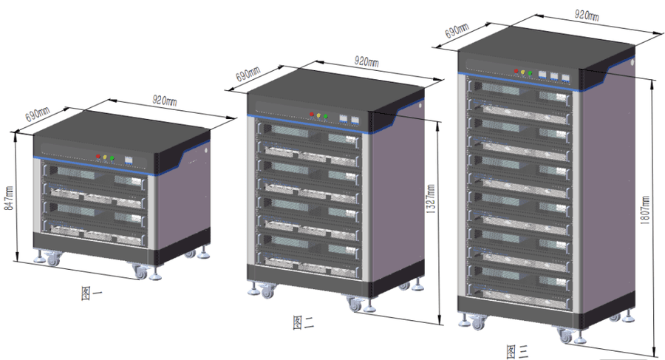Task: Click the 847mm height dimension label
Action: click(9, 198)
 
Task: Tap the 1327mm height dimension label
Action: click(431, 198)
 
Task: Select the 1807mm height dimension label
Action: click(644, 210)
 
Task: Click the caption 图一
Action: click(92, 293)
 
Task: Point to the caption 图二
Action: click(303, 322)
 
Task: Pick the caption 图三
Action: click(517, 352)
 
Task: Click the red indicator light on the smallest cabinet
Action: click(98, 156)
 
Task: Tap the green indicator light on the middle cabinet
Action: click(325, 116)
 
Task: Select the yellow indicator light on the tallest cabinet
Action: click(523, 72)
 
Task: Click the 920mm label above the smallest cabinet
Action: click(165, 101)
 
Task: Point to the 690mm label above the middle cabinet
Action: click(248, 74)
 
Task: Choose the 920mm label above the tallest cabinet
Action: click(587, 16)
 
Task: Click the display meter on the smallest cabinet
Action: click(129, 160)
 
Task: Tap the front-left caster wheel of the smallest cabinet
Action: click(53, 259)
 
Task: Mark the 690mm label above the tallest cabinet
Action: click(457, 30)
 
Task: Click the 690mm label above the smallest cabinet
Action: click(38, 115)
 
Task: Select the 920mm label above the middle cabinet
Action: click(366, 61)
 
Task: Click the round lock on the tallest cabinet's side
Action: click(632, 62)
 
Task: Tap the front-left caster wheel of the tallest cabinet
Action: click(478, 324)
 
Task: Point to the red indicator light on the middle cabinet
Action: click(312, 114)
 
